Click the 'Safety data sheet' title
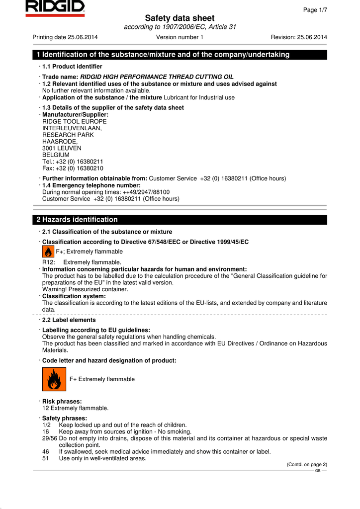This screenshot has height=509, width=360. pos(180,18)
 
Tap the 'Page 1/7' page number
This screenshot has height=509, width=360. pos(315,10)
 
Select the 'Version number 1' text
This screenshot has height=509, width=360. pos(180,37)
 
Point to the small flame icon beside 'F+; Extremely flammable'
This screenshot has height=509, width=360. pos(48,252)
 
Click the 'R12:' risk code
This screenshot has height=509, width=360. pos(49,262)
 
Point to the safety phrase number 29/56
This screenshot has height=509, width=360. pos(49,438)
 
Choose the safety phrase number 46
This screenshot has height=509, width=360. pos(46,452)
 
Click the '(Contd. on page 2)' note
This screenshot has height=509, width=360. pos(307,464)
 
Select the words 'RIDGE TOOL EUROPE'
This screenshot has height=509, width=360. pos(74,121)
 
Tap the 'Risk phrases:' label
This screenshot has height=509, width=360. pos(62,401)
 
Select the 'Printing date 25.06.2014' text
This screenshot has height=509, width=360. pos(65,37)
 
